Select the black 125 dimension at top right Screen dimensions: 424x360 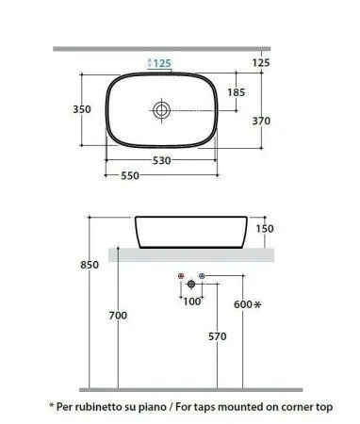pyautogui.click(x=261, y=62)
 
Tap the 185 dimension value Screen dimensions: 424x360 pyautogui.click(x=236, y=92)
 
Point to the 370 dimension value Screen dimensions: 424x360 pyautogui.click(x=261, y=121)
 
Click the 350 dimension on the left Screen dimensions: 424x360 pyautogui.click(x=82, y=109)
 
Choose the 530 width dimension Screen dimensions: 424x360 pyautogui.click(x=162, y=161)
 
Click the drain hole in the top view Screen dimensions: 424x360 pyautogui.click(x=162, y=110)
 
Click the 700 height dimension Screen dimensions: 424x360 pyautogui.click(x=117, y=316)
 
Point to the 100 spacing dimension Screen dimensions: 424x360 pyautogui.click(x=191, y=302)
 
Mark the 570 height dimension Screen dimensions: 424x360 pyautogui.click(x=217, y=336)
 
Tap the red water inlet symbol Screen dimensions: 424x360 pyautogui.click(x=181, y=276)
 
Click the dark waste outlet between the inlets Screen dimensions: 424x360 pyautogui.click(x=191, y=283)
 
